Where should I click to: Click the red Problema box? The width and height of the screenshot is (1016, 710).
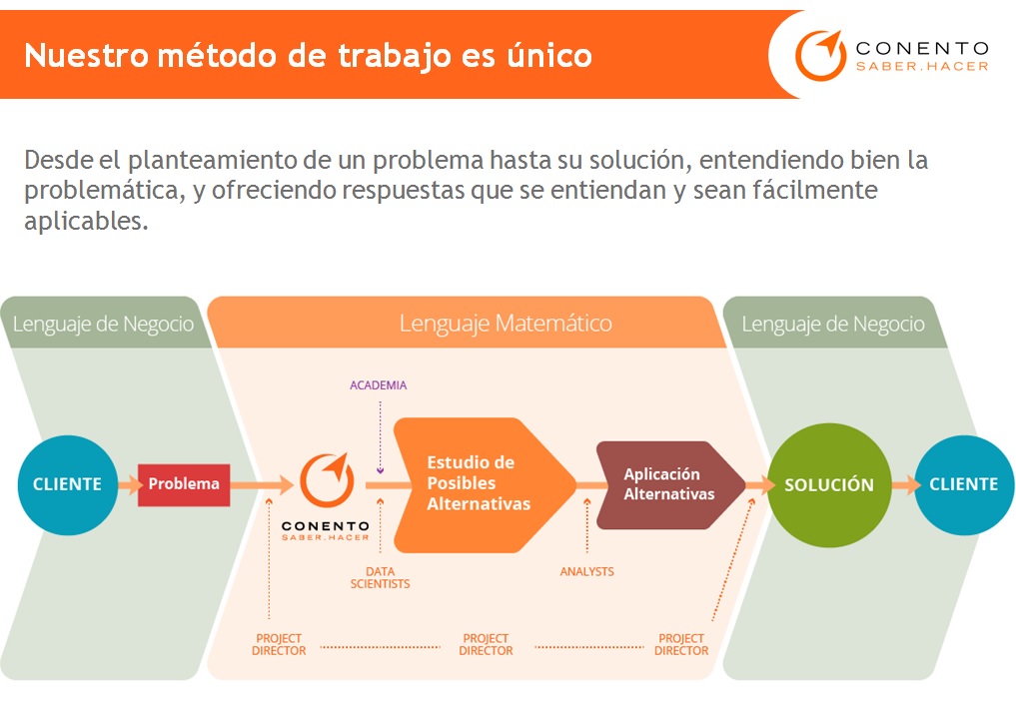point(184,484)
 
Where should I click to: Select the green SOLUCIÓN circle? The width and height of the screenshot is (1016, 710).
point(828,484)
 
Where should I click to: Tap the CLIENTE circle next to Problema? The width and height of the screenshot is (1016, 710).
point(67,484)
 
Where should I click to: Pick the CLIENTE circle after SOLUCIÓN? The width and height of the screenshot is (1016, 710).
point(963,484)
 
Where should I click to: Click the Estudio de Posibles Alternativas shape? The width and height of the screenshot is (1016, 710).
point(480,484)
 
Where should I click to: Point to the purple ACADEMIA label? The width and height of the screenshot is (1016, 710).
point(378,385)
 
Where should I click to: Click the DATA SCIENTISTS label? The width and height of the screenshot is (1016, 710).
point(380,577)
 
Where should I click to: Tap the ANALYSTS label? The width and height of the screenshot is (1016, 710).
point(586,571)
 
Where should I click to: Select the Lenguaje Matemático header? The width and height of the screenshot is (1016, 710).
point(506,324)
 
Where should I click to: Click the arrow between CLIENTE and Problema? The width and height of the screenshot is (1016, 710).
point(128,485)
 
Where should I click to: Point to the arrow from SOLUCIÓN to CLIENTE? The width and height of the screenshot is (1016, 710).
point(904,485)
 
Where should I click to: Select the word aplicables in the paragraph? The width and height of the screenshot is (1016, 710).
point(86,221)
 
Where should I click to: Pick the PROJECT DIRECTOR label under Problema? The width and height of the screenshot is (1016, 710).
point(279,644)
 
